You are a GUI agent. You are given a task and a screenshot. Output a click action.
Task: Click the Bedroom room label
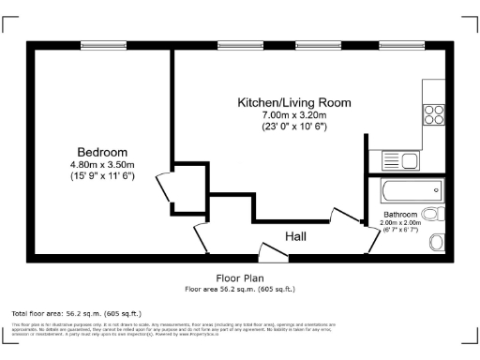point(102,152)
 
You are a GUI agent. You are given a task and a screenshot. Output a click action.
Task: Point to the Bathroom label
point(398,215)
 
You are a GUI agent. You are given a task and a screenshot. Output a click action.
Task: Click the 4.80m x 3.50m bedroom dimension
point(102,164)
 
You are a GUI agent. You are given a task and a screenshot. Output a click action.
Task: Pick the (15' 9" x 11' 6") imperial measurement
point(102,176)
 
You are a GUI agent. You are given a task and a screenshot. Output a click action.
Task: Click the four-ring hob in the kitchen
point(434,115)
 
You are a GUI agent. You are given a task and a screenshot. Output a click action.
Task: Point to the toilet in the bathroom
point(437,243)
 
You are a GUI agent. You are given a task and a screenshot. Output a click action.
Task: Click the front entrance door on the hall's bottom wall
point(273,250)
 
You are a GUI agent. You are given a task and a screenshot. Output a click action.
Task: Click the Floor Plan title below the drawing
point(240,278)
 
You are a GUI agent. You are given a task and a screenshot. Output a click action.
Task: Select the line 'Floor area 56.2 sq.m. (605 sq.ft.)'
point(240,289)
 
